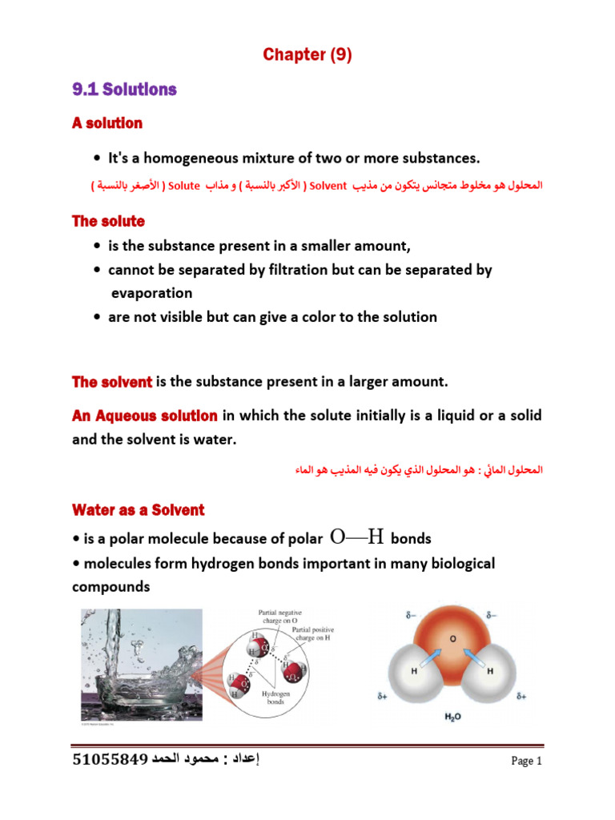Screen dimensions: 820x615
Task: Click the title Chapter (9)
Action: (307, 55)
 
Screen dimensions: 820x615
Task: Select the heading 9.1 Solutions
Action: (124, 90)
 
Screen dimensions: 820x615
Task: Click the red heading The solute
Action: (108, 220)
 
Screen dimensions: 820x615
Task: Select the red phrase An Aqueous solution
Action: (145, 416)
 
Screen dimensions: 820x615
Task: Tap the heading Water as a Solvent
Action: (139, 510)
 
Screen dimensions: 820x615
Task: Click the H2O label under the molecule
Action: (452, 717)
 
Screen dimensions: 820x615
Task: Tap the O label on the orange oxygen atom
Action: (453, 639)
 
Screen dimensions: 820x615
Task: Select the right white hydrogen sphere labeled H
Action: (489, 673)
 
